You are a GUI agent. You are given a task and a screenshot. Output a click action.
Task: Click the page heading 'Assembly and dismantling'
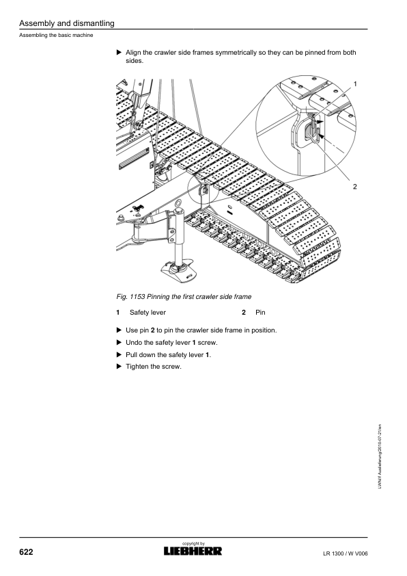[x=67, y=23]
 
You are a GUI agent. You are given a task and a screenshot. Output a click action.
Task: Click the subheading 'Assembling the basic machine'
[x=56, y=36]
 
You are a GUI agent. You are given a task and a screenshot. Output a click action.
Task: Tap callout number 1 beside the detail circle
[x=355, y=84]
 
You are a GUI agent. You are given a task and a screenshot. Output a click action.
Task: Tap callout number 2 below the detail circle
[x=355, y=187]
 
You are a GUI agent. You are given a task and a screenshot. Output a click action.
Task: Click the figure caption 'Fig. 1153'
[x=130, y=297]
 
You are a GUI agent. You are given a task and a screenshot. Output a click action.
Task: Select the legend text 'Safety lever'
[x=148, y=313]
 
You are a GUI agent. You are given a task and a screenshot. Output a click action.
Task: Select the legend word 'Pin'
[x=260, y=313]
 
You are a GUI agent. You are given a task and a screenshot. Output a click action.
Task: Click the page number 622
[x=26, y=552]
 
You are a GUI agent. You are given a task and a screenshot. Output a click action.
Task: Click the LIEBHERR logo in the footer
[x=193, y=551]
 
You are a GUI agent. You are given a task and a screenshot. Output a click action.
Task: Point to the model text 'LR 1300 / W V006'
[x=346, y=553]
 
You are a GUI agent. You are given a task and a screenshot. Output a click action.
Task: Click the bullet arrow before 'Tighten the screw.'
[x=119, y=366]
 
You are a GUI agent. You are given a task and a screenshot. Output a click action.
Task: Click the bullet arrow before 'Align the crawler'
[x=119, y=52]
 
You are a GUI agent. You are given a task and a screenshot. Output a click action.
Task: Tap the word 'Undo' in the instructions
[x=133, y=342]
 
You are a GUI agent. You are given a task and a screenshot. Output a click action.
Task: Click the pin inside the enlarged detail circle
[x=311, y=132]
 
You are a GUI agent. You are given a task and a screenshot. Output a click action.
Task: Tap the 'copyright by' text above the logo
[x=193, y=543]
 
